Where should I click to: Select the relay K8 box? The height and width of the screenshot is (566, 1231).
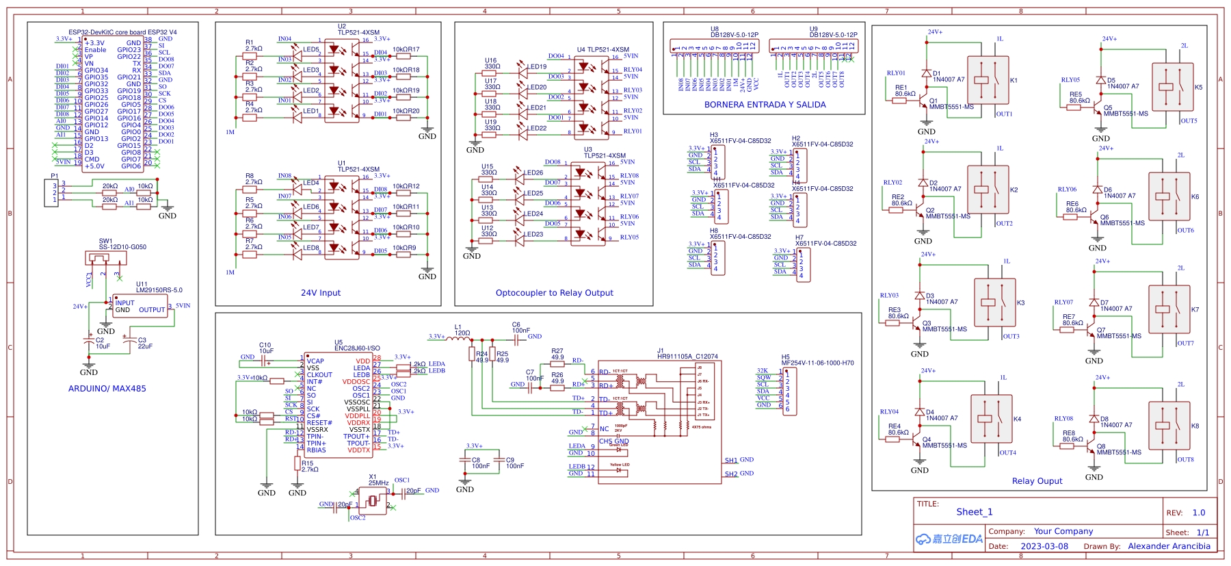tap(1169, 426)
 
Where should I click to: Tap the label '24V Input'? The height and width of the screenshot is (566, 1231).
tap(321, 293)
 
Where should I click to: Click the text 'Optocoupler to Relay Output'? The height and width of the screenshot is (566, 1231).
tap(554, 293)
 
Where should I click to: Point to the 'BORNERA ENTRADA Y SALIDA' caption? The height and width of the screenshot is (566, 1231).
tap(765, 105)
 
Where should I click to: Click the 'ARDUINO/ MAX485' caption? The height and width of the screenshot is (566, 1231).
tap(107, 389)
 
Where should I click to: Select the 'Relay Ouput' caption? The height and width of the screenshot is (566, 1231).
tap(1037, 481)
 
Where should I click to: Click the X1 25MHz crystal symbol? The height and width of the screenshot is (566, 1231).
tap(373, 501)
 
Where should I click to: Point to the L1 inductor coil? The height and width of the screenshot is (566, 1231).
tap(462, 336)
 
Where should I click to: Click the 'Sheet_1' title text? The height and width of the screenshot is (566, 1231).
tap(974, 512)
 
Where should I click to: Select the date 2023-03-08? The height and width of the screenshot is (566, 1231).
tap(1044, 546)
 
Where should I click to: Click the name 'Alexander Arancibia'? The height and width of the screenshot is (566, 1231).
tap(1169, 546)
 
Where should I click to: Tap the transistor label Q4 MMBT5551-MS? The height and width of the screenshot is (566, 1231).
tap(944, 443)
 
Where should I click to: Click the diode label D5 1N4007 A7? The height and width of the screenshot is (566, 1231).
tap(1122, 83)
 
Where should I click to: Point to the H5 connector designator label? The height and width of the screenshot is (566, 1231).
tap(786, 357)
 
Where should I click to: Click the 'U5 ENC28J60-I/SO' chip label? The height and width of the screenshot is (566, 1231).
tap(357, 346)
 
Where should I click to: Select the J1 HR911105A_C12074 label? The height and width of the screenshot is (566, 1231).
tap(687, 354)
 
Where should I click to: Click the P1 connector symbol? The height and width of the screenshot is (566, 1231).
tap(55, 192)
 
